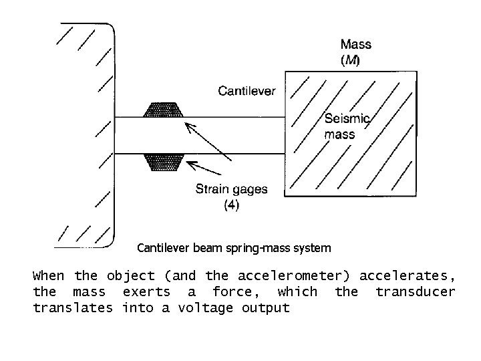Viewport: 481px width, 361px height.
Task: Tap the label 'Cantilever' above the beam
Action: pos(247,92)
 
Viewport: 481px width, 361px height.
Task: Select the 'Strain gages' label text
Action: pos(231,189)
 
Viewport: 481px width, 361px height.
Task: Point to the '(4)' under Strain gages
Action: pos(230,205)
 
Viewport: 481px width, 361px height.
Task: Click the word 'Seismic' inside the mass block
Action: pos(347,120)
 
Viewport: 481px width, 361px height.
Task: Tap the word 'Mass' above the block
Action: pos(356,45)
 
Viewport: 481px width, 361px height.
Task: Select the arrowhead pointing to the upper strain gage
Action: pos(189,126)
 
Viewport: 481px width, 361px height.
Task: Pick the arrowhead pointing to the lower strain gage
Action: pos(192,163)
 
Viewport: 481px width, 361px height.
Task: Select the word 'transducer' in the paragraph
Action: pos(415,291)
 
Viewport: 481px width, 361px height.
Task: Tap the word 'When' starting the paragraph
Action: pos(49,275)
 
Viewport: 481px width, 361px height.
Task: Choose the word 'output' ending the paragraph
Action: pos(267,308)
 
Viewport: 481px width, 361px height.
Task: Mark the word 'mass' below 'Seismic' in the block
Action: pos(339,134)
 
